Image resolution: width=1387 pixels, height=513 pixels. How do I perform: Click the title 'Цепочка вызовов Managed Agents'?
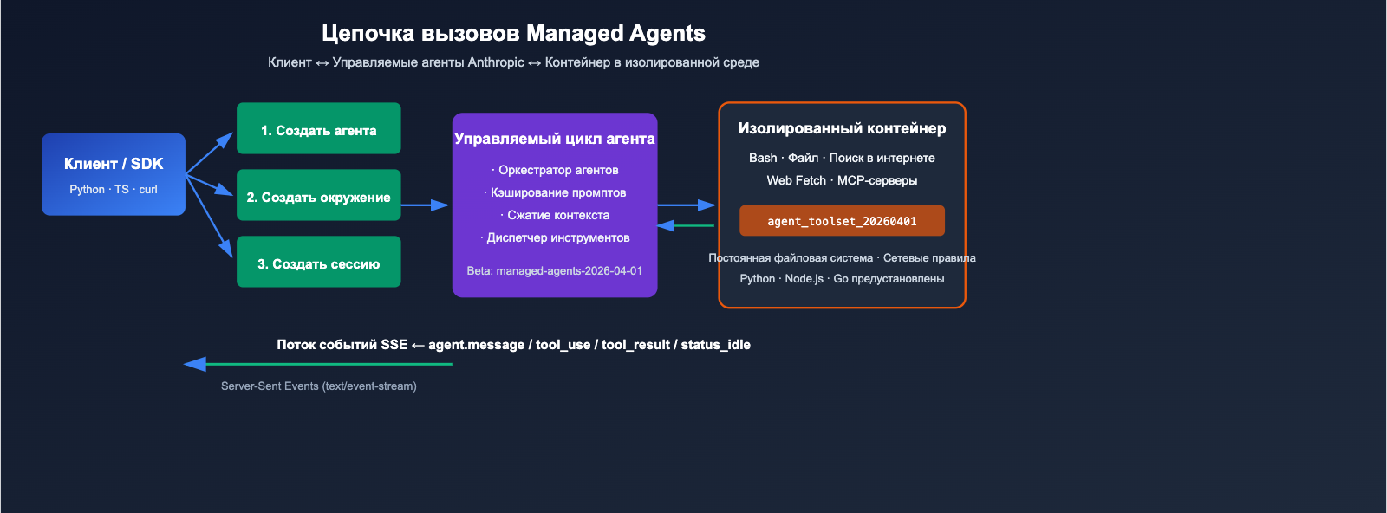[x=513, y=33]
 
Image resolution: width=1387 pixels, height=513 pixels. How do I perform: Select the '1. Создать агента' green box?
[x=318, y=129]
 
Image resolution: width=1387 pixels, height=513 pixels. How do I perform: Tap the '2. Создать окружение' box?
[x=318, y=196]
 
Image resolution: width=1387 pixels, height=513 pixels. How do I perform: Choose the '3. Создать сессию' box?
[x=318, y=263]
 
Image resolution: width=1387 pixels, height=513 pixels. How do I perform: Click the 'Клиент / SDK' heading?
[x=114, y=164]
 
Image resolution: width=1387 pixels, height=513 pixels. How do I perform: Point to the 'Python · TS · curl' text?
[x=114, y=189]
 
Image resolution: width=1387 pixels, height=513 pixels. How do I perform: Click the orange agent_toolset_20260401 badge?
[x=842, y=221]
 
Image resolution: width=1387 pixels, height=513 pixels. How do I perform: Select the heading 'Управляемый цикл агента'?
[x=555, y=139]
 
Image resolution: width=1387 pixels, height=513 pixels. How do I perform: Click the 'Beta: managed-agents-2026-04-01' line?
[x=555, y=270]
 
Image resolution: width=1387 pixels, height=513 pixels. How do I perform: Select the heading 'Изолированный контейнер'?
[x=842, y=128]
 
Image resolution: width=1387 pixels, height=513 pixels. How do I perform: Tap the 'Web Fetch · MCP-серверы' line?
[x=842, y=180]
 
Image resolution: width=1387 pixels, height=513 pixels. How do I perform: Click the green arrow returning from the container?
[x=685, y=225]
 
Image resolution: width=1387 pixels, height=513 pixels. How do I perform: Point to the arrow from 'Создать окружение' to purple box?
[x=425, y=205]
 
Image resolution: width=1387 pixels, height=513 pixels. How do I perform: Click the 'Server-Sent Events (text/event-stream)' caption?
[x=318, y=386]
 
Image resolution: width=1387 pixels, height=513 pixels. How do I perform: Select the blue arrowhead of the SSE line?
[x=194, y=364]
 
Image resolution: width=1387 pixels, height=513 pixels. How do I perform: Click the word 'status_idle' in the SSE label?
[x=715, y=345]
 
